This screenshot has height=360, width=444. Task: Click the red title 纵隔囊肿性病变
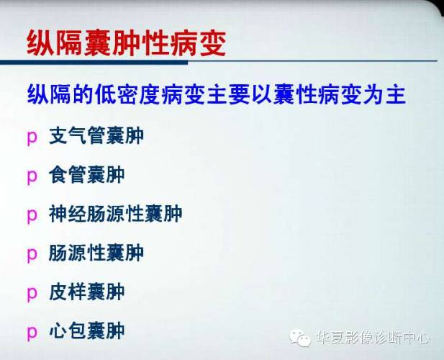pyautogui.click(x=126, y=42)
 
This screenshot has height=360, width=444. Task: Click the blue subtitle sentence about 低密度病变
pyautogui.click(x=217, y=95)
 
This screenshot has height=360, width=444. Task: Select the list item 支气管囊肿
pyautogui.click(x=96, y=135)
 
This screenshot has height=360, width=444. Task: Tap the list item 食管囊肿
pyautogui.click(x=87, y=174)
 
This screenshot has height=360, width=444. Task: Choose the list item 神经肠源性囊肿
pyautogui.click(x=116, y=213)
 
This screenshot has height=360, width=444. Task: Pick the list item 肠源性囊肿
pyautogui.click(x=96, y=253)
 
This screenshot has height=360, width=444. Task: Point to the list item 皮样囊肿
pyautogui.click(x=87, y=292)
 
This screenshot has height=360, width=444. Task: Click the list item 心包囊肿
pyautogui.click(x=87, y=330)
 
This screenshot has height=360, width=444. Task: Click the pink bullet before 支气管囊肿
pyautogui.click(x=32, y=137)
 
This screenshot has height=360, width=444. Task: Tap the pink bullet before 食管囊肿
pyautogui.click(x=32, y=176)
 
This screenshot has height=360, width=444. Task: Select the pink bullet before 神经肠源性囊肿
pyautogui.click(x=32, y=215)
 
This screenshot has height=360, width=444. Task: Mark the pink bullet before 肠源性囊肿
pyautogui.click(x=32, y=254)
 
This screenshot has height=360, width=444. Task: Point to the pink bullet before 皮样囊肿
pyautogui.click(x=32, y=293)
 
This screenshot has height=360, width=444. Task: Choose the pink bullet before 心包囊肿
pyautogui.click(x=32, y=332)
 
